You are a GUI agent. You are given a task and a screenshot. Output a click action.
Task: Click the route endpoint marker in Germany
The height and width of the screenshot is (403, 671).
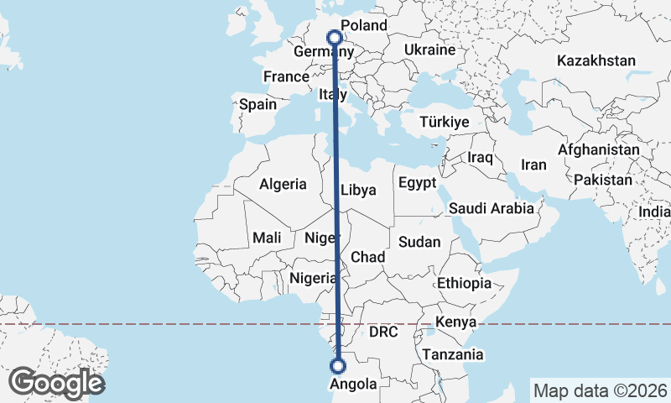click(335, 37)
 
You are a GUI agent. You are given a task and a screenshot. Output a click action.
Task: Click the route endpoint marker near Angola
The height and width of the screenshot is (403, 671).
click(338, 366)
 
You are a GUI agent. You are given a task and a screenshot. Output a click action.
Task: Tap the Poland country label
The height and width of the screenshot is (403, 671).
click(362, 26)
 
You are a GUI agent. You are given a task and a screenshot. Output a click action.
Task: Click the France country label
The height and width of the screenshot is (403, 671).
click(286, 76)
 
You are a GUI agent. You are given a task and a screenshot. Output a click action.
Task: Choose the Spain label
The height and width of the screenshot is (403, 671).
click(257, 105)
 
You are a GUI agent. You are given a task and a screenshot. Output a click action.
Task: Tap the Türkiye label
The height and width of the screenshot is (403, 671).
click(444, 123)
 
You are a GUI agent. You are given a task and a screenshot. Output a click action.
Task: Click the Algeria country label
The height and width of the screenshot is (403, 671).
click(283, 184)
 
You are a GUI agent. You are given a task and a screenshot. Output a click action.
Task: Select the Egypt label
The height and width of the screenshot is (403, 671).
click(417, 183)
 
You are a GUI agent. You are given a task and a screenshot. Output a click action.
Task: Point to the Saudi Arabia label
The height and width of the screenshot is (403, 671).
click(491, 208)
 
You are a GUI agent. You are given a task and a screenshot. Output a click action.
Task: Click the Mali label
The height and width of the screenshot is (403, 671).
click(267, 238)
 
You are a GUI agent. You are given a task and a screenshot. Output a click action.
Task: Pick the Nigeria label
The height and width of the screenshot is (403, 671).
click(313, 278)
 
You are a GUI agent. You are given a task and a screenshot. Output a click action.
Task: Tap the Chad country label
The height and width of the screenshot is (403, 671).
click(368, 257)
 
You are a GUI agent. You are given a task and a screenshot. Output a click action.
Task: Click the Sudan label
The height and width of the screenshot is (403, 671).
click(419, 242)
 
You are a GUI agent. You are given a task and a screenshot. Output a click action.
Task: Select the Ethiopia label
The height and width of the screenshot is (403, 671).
click(464, 283)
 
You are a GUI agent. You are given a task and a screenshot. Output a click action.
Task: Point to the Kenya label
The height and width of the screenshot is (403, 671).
click(455, 322)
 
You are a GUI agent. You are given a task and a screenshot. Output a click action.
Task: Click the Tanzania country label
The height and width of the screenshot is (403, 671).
click(453, 354)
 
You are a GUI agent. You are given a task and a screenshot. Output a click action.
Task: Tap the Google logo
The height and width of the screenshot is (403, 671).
click(56, 383)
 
